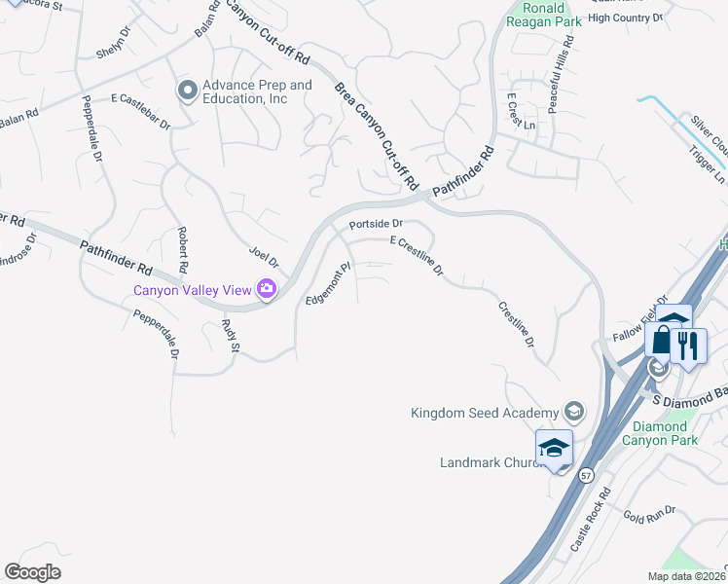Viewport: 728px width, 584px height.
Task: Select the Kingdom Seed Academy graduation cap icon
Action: point(574,413)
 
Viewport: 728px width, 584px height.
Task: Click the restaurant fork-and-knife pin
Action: point(688,346)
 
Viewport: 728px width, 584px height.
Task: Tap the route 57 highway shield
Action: point(585,476)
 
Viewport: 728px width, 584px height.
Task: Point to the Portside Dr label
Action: point(376,224)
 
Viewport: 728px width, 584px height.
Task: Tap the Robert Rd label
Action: point(182,249)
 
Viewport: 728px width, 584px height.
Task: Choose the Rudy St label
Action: point(230,334)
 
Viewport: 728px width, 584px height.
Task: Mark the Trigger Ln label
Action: point(707,165)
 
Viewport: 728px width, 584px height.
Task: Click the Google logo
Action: point(32,572)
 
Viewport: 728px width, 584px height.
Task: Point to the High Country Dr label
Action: point(625,18)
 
